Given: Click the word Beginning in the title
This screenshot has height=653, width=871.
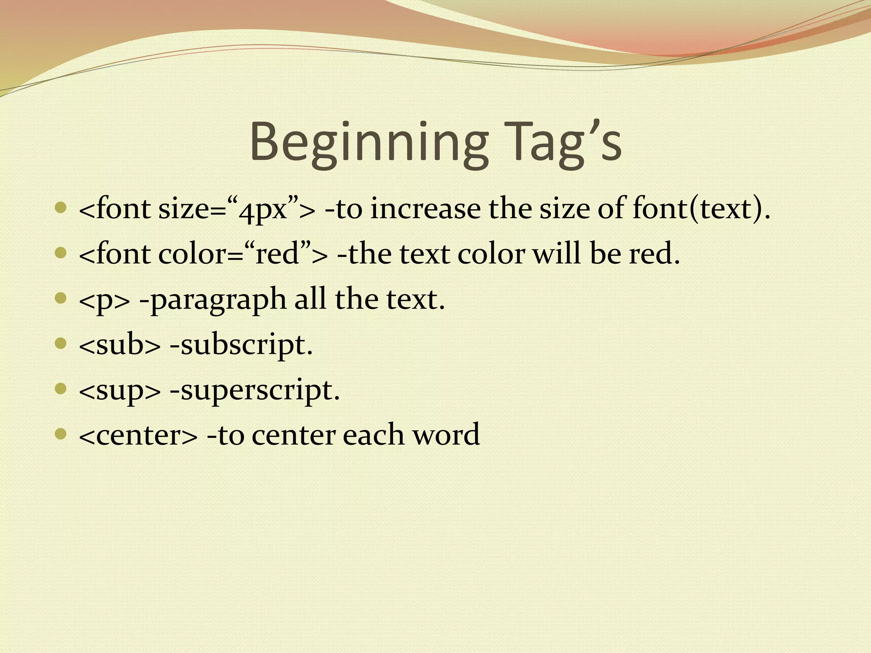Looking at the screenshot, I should coord(368,142).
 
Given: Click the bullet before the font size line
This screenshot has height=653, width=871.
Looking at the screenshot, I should coord(61,208).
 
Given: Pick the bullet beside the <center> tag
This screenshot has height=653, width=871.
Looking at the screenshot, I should coord(61,434).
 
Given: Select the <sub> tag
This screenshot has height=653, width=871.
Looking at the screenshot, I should coord(120,344).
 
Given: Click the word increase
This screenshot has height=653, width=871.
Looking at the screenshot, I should coord(425,209).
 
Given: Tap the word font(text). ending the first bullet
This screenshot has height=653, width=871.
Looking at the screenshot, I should coord(701,209).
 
